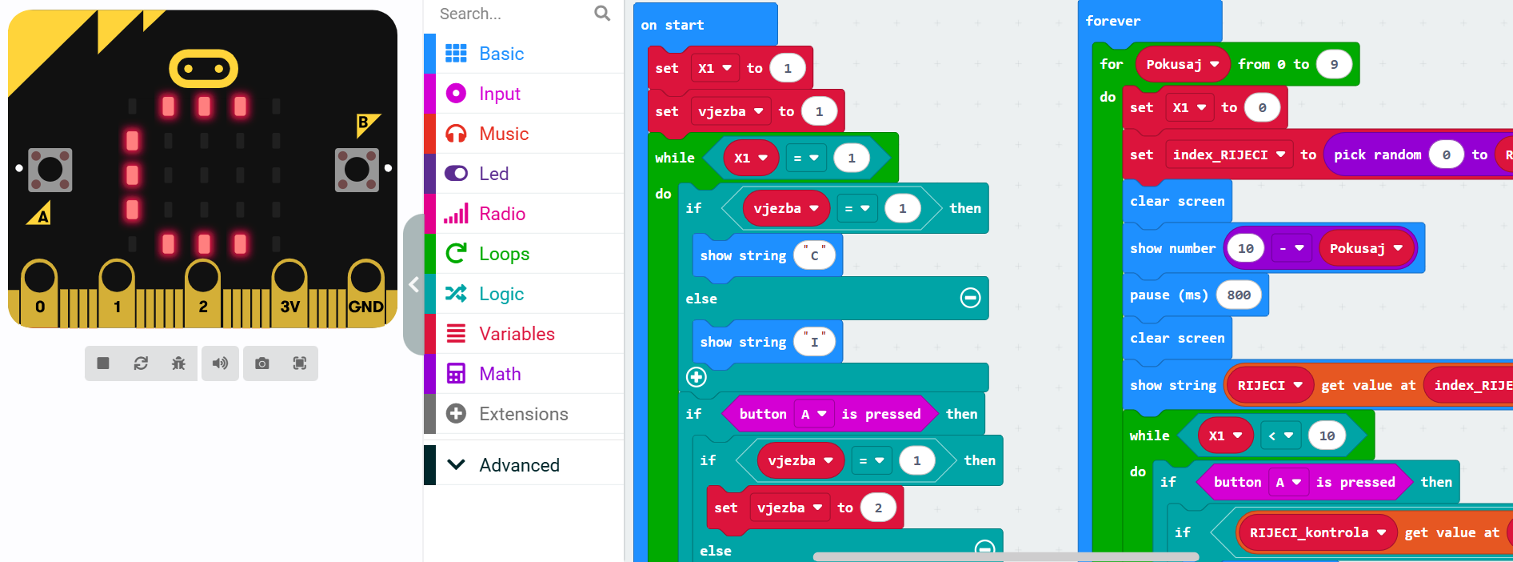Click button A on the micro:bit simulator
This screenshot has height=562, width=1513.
click(x=50, y=170)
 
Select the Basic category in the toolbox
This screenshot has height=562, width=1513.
click(x=501, y=54)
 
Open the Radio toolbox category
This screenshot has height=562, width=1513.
click(x=501, y=214)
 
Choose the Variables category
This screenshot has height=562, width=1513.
click(x=517, y=334)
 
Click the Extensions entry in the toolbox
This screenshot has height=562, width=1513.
click(x=523, y=414)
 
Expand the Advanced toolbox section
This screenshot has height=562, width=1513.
click(x=519, y=465)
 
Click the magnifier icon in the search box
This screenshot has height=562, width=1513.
click(x=602, y=14)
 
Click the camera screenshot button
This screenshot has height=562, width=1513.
click(x=261, y=363)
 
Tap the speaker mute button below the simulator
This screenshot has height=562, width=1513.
click(x=220, y=363)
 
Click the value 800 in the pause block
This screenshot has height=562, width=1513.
click(x=1239, y=295)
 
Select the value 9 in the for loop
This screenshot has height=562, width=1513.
click(x=1334, y=65)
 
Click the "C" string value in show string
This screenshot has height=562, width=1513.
click(x=814, y=255)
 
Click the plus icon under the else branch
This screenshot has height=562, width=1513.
click(x=697, y=377)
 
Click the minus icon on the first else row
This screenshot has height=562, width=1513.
click(x=970, y=299)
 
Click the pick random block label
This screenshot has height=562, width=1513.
click(x=1377, y=155)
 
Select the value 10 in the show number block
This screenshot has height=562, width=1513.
click(x=1246, y=249)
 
